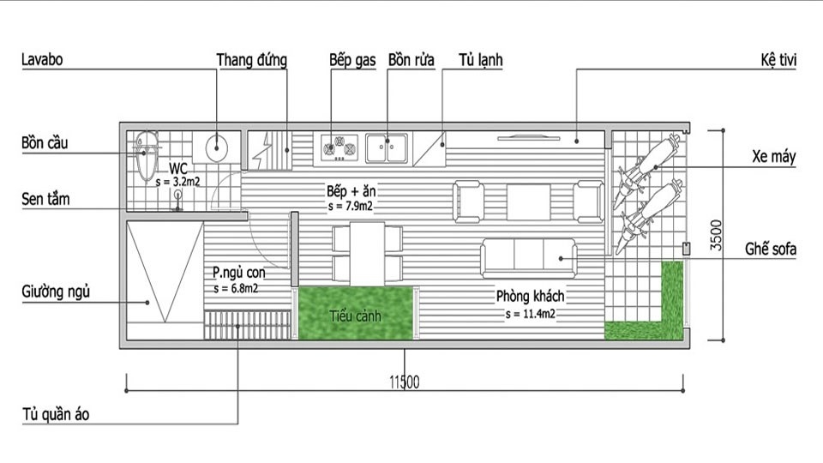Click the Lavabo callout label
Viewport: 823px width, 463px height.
[42, 59]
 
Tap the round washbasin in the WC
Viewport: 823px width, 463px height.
[216, 147]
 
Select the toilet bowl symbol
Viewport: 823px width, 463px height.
[147, 155]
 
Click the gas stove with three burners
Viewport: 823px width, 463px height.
[339, 147]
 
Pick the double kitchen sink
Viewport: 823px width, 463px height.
[387, 148]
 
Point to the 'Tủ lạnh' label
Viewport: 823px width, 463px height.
[481, 60]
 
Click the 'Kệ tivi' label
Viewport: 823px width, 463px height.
[778, 60]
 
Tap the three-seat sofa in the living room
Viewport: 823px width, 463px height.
[529, 258]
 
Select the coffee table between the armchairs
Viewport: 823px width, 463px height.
[529, 201]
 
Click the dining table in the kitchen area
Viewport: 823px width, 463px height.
[368, 254]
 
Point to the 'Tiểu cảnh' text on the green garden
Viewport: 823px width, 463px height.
[355, 316]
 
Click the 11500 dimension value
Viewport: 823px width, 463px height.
[404, 382]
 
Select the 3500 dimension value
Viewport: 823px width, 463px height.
[716, 235]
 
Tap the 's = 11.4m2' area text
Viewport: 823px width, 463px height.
[530, 315]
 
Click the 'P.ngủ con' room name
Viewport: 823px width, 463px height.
[239, 273]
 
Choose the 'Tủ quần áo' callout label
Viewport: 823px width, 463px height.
[56, 414]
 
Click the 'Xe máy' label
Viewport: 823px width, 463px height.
[773, 156]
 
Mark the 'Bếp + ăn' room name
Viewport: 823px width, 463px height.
[351, 191]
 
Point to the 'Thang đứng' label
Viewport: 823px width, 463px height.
[252, 60]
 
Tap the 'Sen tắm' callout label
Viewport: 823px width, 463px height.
[45, 199]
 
